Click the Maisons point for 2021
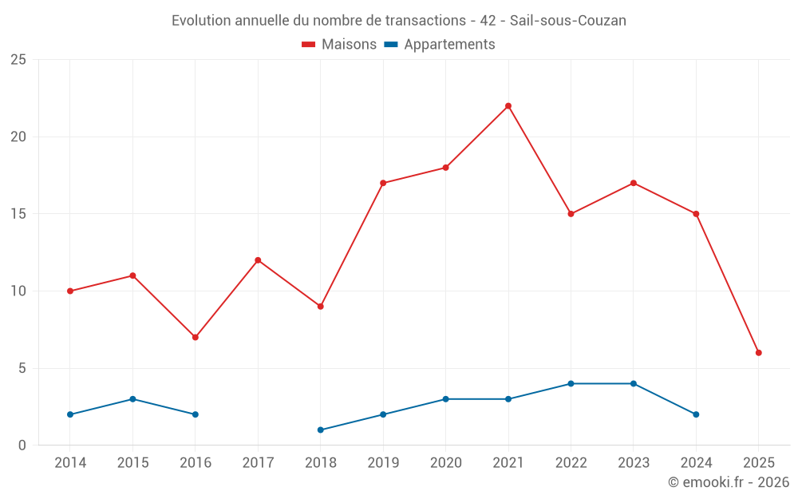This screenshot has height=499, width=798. pyautogui.click(x=508, y=106)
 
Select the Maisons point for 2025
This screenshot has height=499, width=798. pyautogui.click(x=759, y=353)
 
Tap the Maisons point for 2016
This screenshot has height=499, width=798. pyautogui.click(x=196, y=338)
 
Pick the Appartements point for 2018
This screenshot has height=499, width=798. pyautogui.click(x=321, y=430)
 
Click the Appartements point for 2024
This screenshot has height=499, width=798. pyautogui.click(x=696, y=414)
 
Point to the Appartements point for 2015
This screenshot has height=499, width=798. pyautogui.click(x=132, y=399)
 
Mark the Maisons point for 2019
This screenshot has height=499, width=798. pyautogui.click(x=383, y=183)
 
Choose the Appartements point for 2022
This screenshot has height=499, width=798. pyautogui.click(x=571, y=384)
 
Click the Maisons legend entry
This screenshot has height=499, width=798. pyautogui.click(x=339, y=45)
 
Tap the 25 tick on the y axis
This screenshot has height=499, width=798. pyautogui.click(x=18, y=60)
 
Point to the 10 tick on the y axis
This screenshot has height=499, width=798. pyautogui.click(x=18, y=291)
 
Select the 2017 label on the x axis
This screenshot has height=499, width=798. pyautogui.click(x=258, y=463)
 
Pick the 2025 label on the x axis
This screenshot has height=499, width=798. pyautogui.click(x=759, y=463)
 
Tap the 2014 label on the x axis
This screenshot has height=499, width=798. pyautogui.click(x=70, y=463)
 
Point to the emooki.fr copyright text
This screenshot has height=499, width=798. pyautogui.click(x=728, y=483)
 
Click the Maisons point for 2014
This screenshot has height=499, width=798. pyautogui.click(x=70, y=291)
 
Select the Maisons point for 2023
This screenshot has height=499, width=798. pyautogui.click(x=634, y=183)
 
